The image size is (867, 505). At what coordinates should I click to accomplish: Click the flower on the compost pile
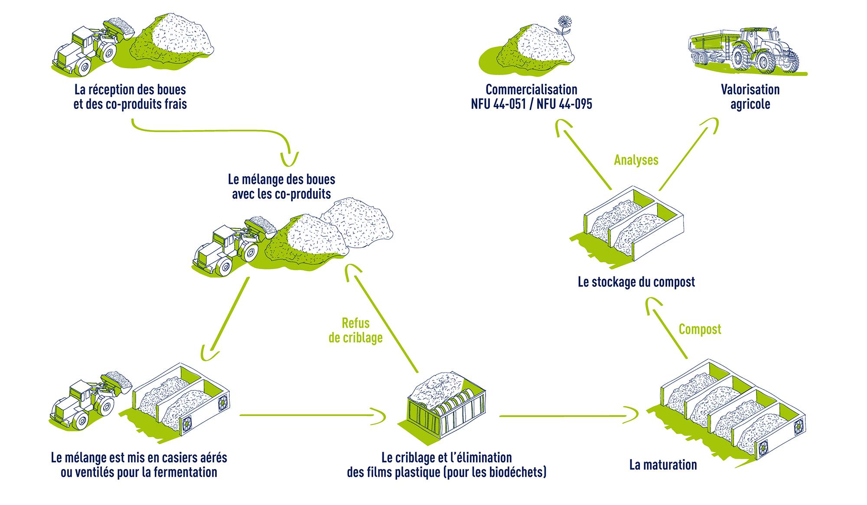click(564, 23)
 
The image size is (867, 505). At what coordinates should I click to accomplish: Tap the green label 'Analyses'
click(636, 160)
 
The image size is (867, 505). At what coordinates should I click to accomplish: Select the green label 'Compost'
click(700, 329)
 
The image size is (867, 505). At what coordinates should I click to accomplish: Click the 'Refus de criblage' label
click(355, 330)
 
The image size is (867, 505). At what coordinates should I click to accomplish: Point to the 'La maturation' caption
click(663, 465)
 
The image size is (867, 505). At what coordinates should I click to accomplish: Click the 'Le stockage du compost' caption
click(636, 282)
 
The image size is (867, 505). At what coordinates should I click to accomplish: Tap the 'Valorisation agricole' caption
click(750, 97)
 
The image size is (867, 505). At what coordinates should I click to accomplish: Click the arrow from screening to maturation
click(568, 416)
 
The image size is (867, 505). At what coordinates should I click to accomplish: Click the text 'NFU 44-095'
click(564, 105)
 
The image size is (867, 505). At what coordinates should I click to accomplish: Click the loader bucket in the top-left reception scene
click(120, 28)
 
